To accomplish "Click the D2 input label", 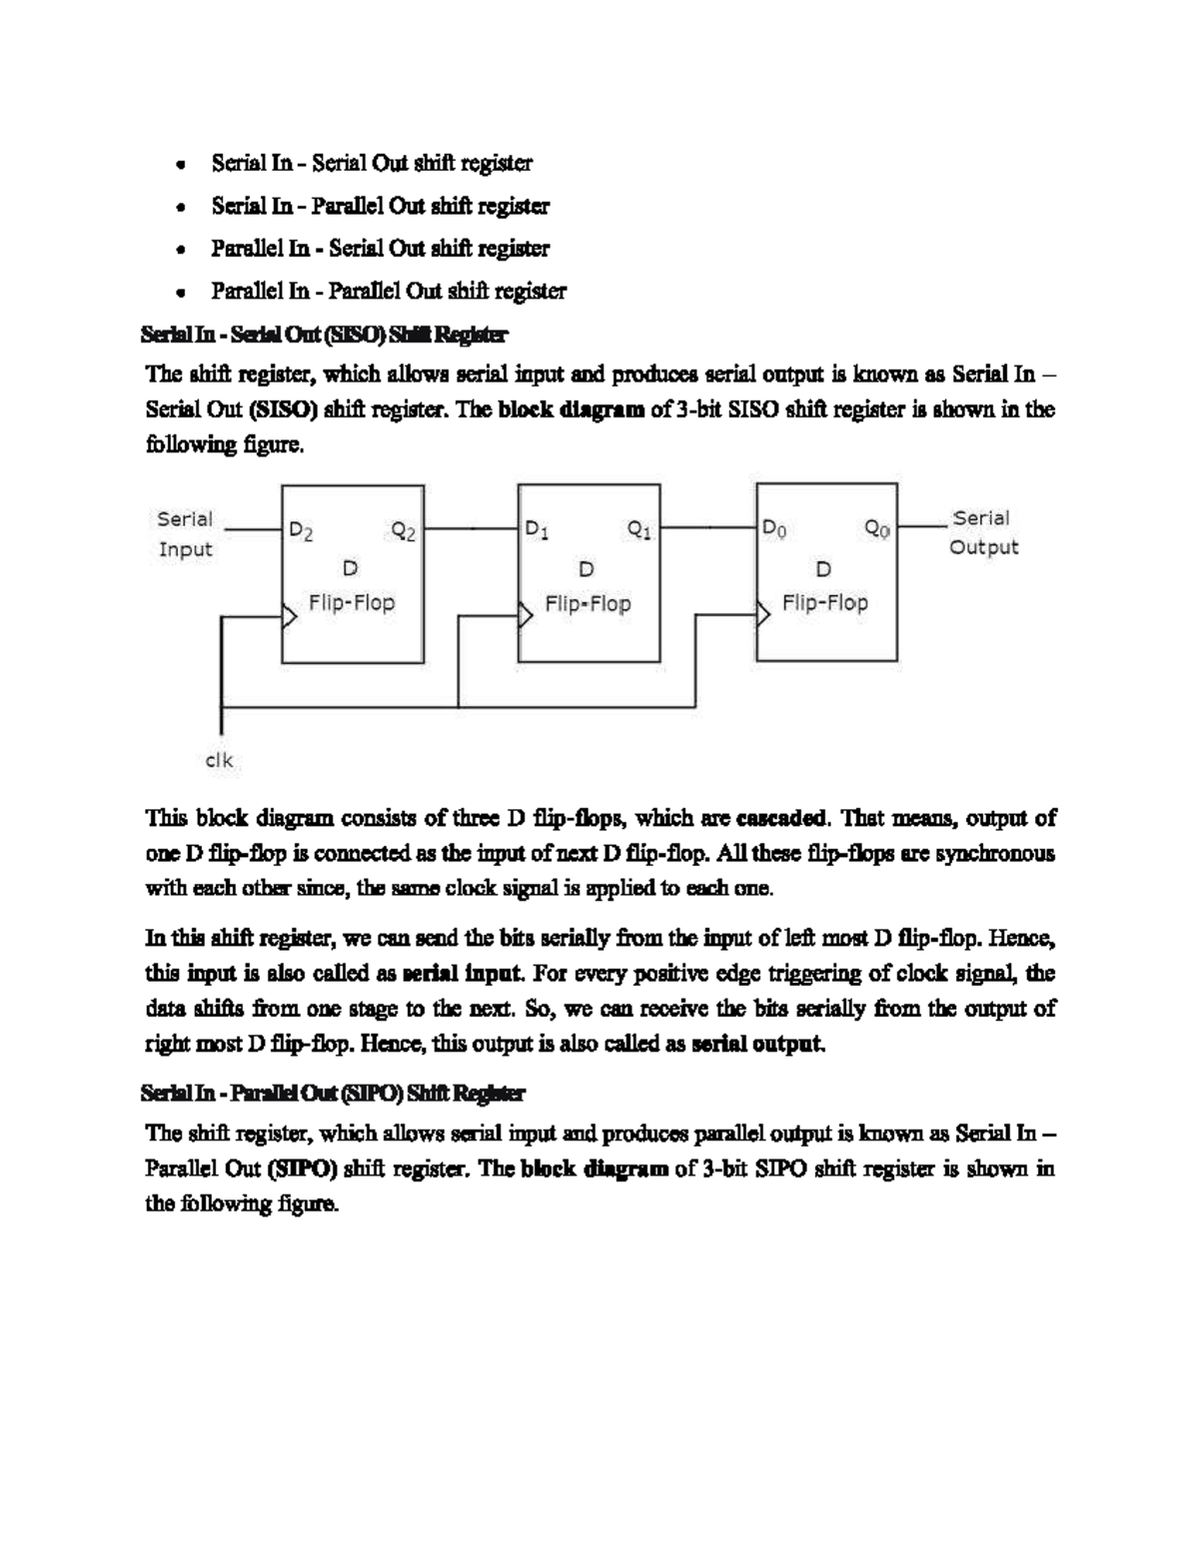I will [301, 531].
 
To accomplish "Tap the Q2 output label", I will [404, 531].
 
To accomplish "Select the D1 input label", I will [537, 529].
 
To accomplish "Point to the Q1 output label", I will [639, 529].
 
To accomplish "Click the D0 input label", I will [774, 528].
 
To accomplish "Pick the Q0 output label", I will [877, 528].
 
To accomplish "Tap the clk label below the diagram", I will [219, 760].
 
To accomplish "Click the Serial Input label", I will [185, 534].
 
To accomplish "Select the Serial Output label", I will [983, 532].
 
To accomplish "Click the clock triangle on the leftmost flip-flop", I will [289, 618].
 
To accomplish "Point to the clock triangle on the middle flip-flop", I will [525, 616].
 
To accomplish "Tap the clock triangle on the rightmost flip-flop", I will [762, 614].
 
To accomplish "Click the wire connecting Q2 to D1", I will [471, 527].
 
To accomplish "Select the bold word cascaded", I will [780, 819].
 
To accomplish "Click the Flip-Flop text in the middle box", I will [588, 603].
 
